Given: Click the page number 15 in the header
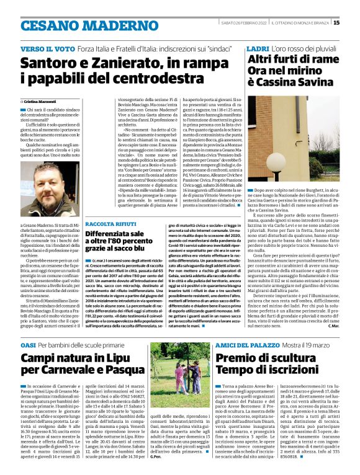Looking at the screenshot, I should [x=354, y=23].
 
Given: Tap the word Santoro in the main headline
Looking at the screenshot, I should [x=50, y=64].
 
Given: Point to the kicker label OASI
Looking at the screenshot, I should [x=29, y=344].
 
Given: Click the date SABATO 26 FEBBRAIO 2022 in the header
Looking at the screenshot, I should [x=244, y=23].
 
